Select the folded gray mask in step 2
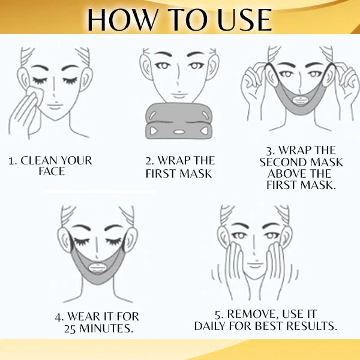[179, 121]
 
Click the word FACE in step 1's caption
[50, 172]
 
